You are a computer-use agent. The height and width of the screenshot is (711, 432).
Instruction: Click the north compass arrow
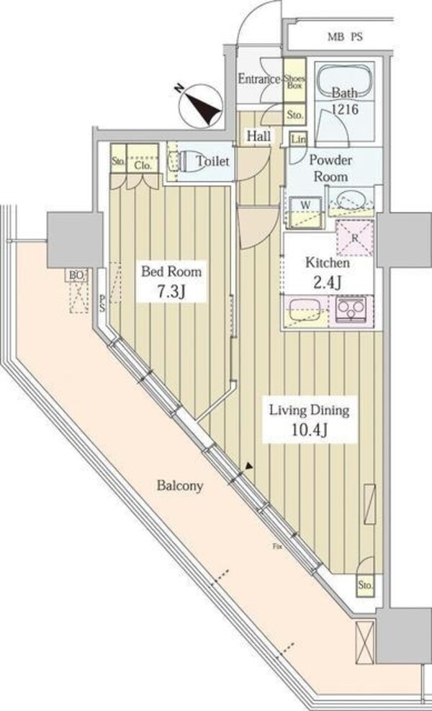[205, 106]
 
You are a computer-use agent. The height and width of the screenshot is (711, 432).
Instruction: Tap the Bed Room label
[171, 272]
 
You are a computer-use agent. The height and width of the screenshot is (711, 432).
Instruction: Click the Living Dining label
[309, 411]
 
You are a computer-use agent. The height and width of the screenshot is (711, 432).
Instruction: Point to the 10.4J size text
[309, 431]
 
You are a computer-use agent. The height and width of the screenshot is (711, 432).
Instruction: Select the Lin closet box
[297, 139]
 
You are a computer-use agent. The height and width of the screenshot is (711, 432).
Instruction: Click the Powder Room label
[331, 169]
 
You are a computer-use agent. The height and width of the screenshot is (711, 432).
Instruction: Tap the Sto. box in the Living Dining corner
[366, 586]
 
